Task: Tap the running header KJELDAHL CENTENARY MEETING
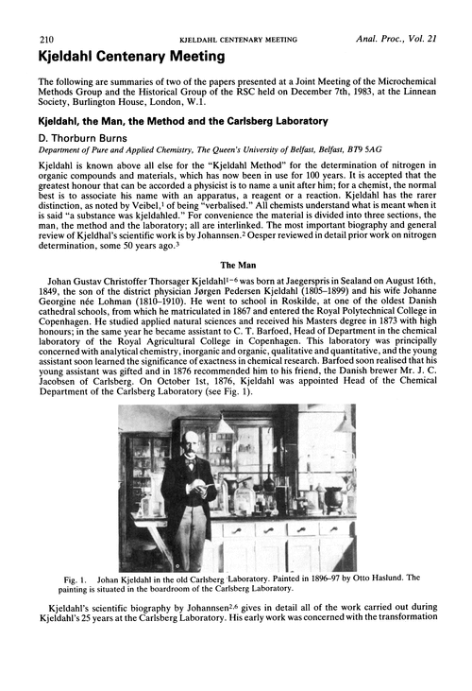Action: pos(236,40)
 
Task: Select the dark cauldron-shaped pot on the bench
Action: pos(333,493)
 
